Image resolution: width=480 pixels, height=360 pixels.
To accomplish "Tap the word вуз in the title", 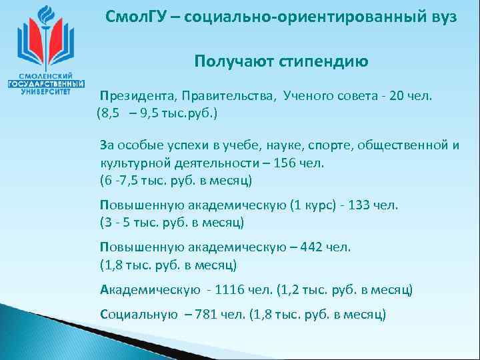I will click(x=443, y=17).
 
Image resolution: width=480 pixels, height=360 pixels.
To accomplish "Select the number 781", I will click(x=209, y=313).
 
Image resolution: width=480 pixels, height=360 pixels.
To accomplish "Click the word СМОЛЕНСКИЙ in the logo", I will click(x=45, y=76).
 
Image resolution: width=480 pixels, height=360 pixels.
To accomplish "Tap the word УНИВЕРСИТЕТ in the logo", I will click(x=45, y=93).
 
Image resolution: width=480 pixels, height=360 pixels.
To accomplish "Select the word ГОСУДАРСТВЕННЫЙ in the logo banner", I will click(x=45, y=85).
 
